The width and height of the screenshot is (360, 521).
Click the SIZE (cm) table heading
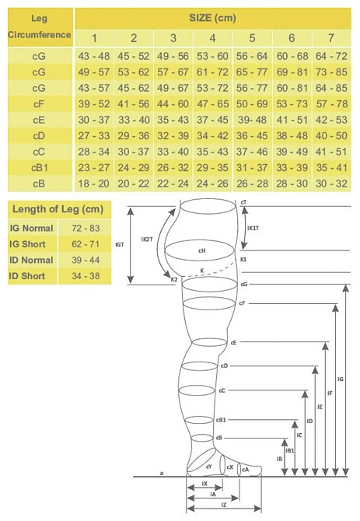pyautogui.click(x=212, y=18)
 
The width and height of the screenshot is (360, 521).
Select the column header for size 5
pyautogui.click(x=252, y=38)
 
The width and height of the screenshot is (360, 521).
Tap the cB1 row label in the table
pyautogui.click(x=40, y=168)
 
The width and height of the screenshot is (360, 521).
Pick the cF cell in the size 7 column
pyautogui.click(x=331, y=104)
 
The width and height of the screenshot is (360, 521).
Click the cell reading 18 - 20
pyautogui.click(x=93, y=184)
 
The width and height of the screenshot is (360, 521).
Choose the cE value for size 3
pyautogui.click(x=173, y=120)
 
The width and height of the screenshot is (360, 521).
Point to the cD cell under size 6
pyautogui.click(x=292, y=136)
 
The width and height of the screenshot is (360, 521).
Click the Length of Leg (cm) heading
pyautogui.click(x=58, y=209)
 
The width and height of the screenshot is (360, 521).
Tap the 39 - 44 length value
pyautogui.click(x=86, y=260)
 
